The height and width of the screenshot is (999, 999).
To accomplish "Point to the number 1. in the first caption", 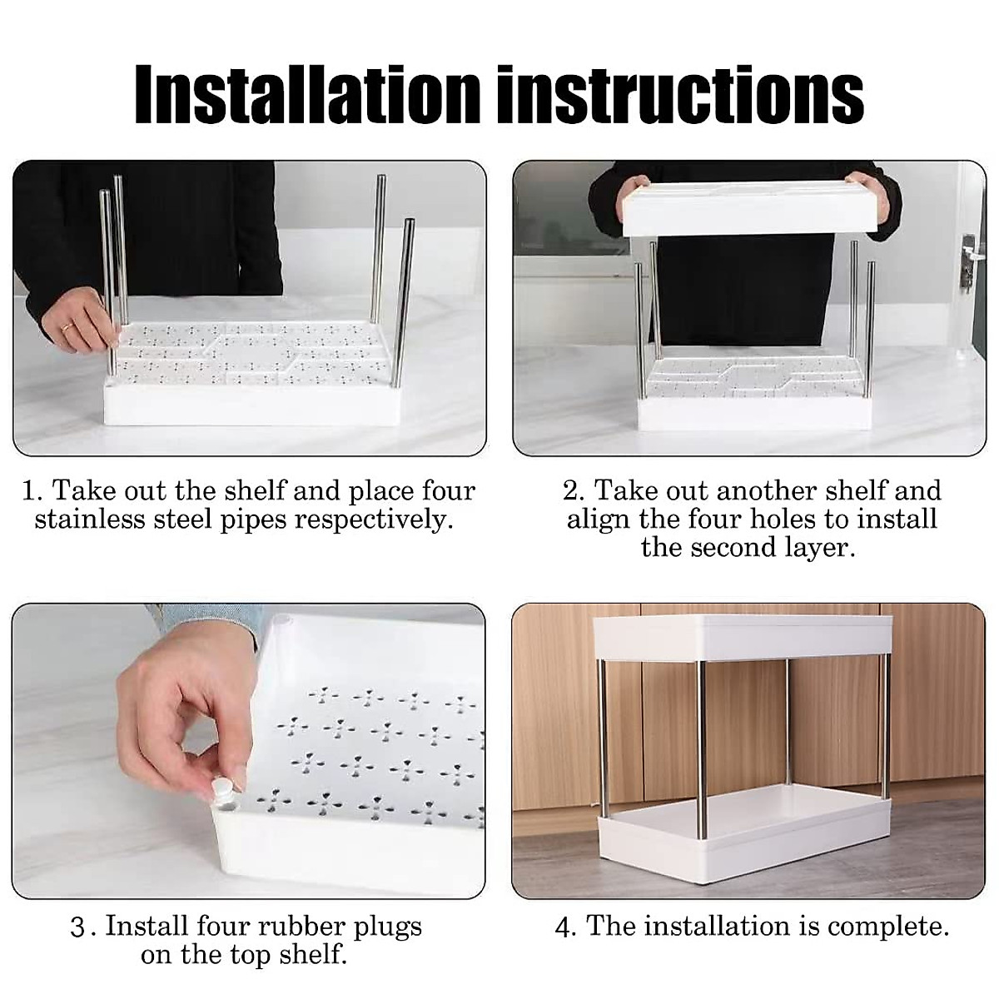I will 32,490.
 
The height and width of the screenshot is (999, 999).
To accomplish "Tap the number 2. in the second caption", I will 573,490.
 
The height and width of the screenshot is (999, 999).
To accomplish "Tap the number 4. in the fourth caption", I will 566,927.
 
